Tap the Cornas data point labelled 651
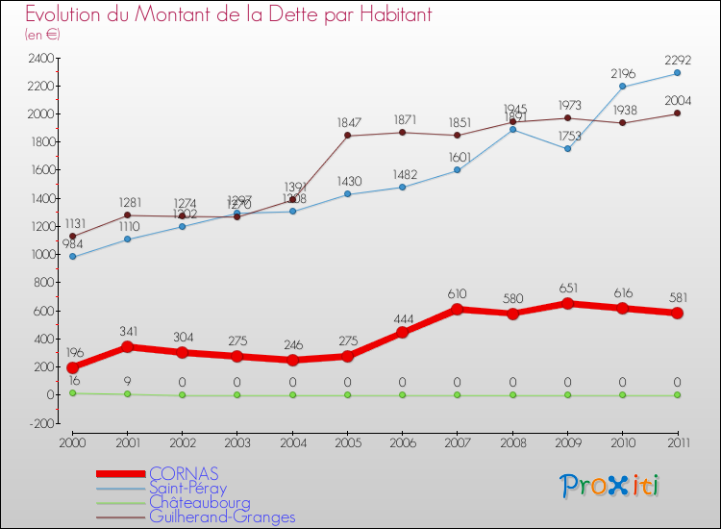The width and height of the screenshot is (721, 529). click(567, 304)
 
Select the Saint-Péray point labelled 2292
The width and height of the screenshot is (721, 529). click(677, 73)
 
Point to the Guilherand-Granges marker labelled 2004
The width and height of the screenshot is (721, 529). click(677, 113)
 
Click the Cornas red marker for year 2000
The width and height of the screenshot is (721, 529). click(72, 367)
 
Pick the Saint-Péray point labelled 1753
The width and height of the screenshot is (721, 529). click(567, 149)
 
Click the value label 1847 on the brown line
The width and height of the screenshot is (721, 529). click(348, 123)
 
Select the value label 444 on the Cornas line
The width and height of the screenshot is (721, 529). click(403, 319)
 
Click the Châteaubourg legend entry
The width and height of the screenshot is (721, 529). click(199, 502)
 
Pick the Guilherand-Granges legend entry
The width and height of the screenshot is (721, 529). click(222, 516)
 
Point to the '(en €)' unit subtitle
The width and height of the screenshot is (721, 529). click(41, 35)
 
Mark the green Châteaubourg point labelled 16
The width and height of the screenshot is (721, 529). click(72, 393)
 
